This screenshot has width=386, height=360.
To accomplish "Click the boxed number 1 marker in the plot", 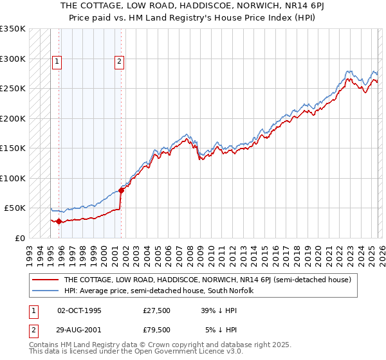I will [x=57, y=62].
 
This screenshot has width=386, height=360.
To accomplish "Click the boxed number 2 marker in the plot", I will [x=120, y=62].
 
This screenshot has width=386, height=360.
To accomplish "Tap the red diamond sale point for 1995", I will [x=59, y=222].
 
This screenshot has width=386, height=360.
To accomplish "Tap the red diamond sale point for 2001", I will [x=122, y=190].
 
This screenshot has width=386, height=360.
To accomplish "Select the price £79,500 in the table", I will [x=156, y=330].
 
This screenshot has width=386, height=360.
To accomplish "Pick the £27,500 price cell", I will [x=156, y=310].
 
